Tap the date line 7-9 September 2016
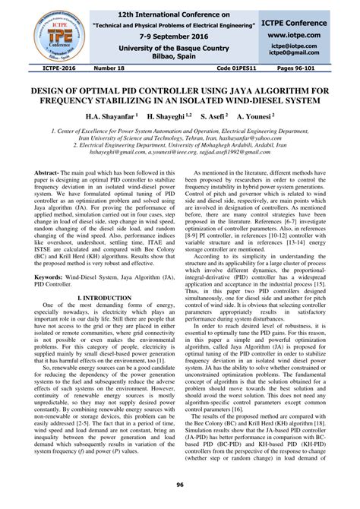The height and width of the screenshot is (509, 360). (180, 36)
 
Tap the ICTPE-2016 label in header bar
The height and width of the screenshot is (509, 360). (39, 68)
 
